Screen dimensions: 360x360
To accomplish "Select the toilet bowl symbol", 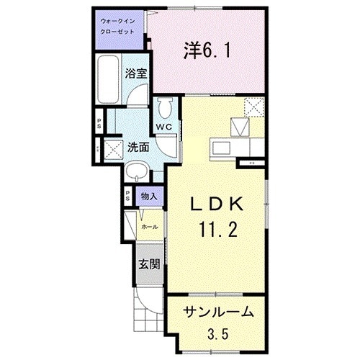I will click(x=165, y=107).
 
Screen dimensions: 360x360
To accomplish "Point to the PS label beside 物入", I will click(x=127, y=195).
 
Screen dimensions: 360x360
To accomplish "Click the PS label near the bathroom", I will click(x=100, y=122).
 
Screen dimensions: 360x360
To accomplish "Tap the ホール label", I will click(x=149, y=226).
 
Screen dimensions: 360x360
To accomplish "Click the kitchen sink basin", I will click(x=222, y=148).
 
